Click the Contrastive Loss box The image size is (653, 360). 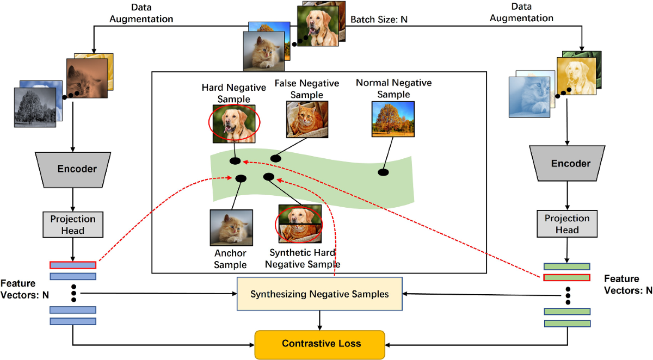click(320, 344)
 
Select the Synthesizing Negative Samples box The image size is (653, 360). click(319, 294)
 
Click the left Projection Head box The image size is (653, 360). click(73, 225)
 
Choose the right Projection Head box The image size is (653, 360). click(567, 224)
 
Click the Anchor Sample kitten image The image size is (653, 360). click(231, 227)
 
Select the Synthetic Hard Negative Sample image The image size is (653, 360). click(299, 223)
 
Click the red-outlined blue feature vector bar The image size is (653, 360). click(73, 265)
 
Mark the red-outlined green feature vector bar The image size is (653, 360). click(567, 277)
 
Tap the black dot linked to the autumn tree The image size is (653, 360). click(383, 172)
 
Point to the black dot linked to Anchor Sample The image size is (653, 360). click(240, 178)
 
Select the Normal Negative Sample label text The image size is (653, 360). click(393, 88)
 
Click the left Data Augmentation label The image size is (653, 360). click(141, 14)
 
